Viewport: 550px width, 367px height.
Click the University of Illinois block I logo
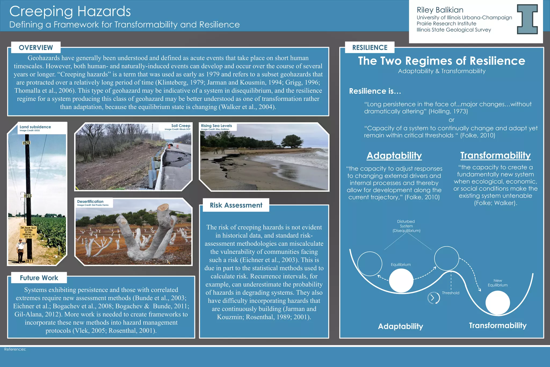(x=527, y=19)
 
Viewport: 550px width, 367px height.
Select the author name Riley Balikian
(x=440, y=10)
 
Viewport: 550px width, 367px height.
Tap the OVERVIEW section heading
(x=36, y=48)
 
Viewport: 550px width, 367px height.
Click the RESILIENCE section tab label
(x=370, y=48)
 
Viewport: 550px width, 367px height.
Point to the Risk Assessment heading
(x=236, y=205)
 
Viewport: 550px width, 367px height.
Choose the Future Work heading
(x=39, y=278)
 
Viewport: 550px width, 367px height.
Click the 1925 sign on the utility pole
(x=26, y=143)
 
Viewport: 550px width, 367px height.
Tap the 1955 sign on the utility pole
(x=27, y=196)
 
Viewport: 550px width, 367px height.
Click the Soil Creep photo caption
(x=180, y=126)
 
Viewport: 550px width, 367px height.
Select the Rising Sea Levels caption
(x=216, y=126)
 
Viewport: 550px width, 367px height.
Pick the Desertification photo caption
(x=90, y=201)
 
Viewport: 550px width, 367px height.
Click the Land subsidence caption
(x=35, y=127)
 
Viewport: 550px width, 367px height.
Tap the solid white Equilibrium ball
(x=401, y=280)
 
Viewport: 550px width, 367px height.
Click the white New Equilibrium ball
(x=497, y=303)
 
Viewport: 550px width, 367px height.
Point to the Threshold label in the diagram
(x=450, y=293)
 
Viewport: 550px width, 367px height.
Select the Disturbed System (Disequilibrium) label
(x=406, y=226)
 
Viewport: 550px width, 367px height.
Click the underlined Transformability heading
(x=495, y=155)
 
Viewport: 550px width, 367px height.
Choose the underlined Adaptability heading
(x=394, y=156)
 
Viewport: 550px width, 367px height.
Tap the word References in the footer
(x=15, y=349)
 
